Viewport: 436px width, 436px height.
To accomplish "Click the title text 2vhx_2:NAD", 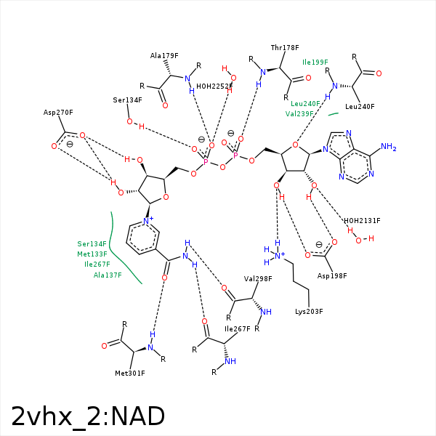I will click(x=88, y=416).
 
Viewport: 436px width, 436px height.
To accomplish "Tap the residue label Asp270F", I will click(x=59, y=113).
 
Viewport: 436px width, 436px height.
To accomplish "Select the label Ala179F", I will click(x=164, y=55).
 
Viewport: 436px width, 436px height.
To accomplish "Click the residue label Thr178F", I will click(x=285, y=47).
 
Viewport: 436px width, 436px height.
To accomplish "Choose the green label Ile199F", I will click(x=315, y=62).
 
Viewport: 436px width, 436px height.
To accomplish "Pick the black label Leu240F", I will click(x=360, y=107).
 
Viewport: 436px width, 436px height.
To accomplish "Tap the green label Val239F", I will click(x=299, y=113).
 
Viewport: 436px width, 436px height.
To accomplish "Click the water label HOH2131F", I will click(x=362, y=220).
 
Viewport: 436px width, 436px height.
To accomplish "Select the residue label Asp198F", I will click(x=332, y=276).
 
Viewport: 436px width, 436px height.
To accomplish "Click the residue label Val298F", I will click(x=257, y=278).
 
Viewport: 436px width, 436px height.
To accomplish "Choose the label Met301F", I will click(x=131, y=374).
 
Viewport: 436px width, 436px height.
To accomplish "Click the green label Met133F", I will click(x=92, y=254).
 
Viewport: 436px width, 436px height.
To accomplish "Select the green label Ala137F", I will click(x=108, y=275).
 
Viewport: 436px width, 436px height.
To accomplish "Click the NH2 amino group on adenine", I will click(x=388, y=148).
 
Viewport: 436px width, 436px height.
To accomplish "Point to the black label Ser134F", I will click(x=127, y=100).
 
